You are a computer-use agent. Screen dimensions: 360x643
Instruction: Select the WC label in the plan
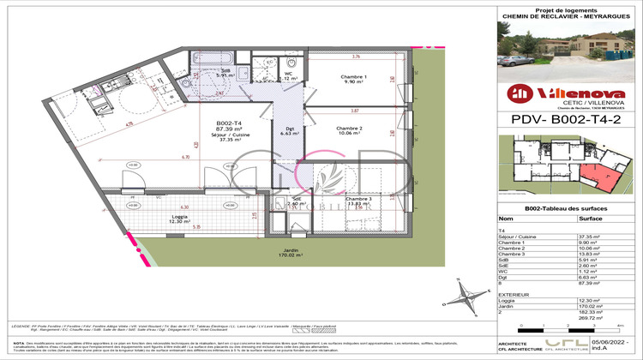click(288, 75)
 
